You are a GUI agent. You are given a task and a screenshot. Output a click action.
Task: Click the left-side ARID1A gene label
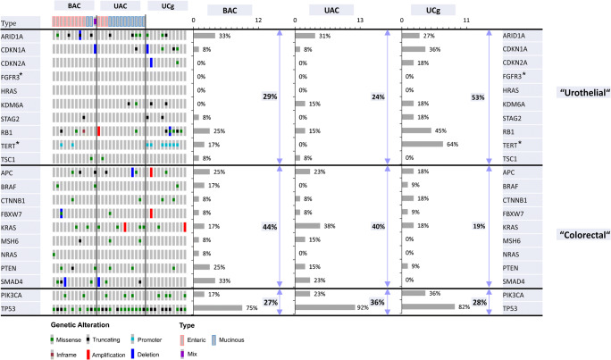[x=25, y=36]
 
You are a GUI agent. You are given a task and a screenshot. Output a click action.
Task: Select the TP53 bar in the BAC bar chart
[x=217, y=307]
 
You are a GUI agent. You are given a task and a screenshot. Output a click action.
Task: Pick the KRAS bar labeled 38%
[x=308, y=227]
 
